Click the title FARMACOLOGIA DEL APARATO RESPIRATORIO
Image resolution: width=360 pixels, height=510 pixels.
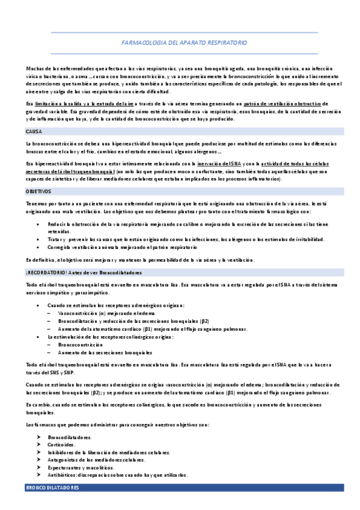184,43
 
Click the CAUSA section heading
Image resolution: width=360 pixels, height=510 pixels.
33,131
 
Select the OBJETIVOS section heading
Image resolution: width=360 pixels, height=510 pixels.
38,191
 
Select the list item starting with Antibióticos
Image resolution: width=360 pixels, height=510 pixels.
117,475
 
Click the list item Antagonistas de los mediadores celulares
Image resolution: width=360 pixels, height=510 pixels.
96,459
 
